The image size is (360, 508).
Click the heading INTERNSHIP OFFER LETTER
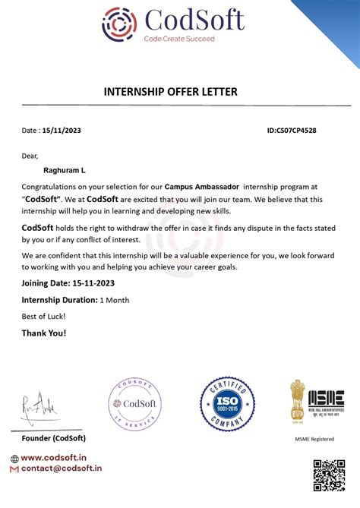(170, 92)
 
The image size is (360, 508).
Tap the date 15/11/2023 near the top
(62, 131)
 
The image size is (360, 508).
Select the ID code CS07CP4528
(292, 131)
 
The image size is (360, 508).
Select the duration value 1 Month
(115, 300)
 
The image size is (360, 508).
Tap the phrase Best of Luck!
(43, 316)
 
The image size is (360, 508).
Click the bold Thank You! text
(43, 333)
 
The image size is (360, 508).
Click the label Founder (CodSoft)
(53, 439)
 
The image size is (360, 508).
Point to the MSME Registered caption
(314, 439)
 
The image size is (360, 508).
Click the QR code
(329, 476)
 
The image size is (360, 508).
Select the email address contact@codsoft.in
(62, 469)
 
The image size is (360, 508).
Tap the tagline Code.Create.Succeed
(179, 39)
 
